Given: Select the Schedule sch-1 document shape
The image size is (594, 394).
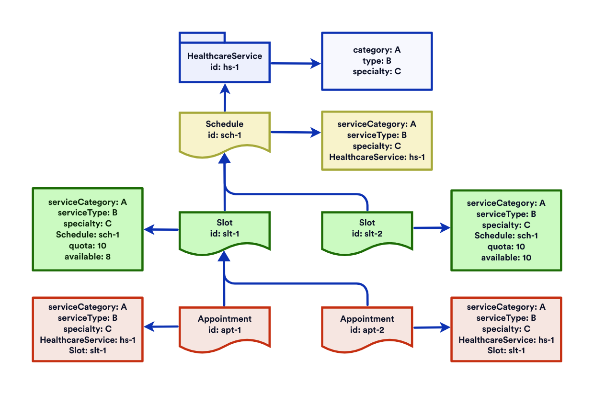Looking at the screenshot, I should [225, 130].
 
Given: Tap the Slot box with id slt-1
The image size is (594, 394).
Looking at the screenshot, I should [225, 229].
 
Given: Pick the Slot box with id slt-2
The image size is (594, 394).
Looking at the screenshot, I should [367, 229].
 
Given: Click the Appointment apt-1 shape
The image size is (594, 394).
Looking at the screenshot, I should [225, 325].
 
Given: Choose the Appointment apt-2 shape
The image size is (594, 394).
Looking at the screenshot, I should [367, 325].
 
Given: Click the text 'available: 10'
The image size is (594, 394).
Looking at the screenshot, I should [506, 258].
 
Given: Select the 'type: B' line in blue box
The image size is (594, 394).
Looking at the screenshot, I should [377, 60].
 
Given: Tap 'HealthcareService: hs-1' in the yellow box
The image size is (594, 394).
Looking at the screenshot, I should [377, 157].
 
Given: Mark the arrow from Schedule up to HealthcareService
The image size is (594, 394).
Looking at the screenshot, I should [225, 98].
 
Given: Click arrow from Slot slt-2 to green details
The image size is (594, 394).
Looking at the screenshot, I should [431, 228].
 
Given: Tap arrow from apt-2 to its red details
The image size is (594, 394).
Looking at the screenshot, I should [431, 327].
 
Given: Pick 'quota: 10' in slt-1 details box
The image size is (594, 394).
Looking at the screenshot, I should [88, 246].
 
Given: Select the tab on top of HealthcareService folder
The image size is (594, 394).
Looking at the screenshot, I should [202, 37].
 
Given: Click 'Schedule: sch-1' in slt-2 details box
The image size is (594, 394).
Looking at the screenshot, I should [506, 236].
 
